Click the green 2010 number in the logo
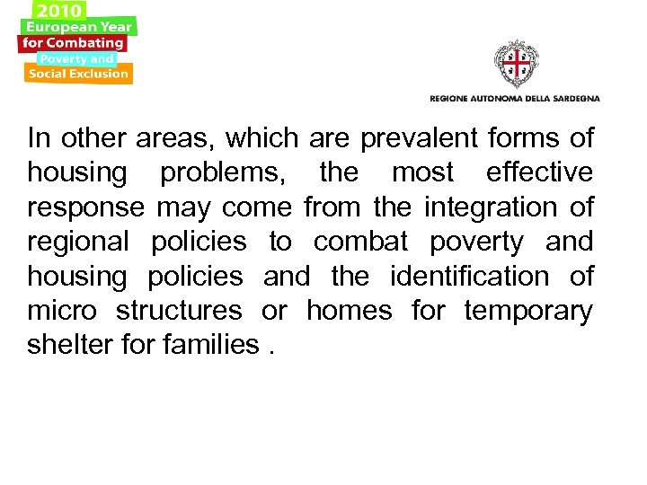coord(59,10)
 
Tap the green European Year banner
coord(79,27)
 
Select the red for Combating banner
coord(74,42)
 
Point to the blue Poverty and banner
coord(76,58)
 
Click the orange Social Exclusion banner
coord(78,74)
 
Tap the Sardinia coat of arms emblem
coord(516,64)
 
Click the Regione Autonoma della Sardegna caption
coord(514,98)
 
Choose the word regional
coord(78,242)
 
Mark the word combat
coord(361,242)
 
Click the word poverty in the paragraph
coord(476,242)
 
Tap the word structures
coord(180,312)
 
